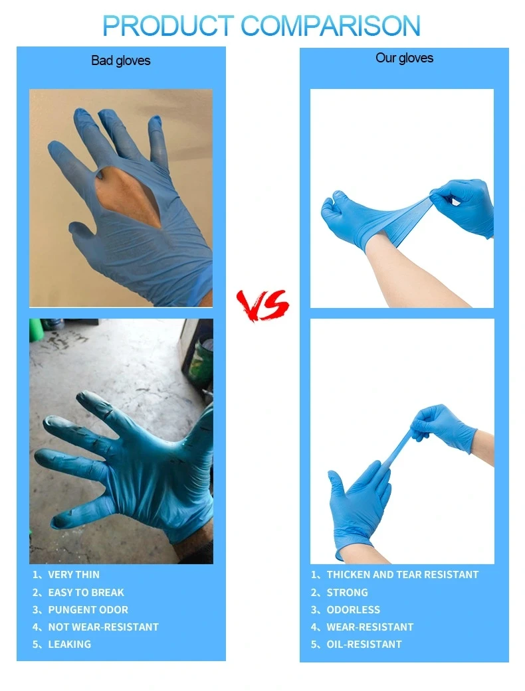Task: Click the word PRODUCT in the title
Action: click(167, 26)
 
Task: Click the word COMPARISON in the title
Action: click(331, 26)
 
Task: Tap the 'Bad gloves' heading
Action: click(120, 61)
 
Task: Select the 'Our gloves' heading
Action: click(404, 58)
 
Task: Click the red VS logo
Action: click(262, 305)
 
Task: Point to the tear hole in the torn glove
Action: click(128, 194)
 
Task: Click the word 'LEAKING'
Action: click(69, 645)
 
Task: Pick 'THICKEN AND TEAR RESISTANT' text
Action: click(402, 575)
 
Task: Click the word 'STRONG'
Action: click(347, 592)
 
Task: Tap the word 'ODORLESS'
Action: click(353, 610)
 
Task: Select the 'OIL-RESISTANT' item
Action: click(364, 645)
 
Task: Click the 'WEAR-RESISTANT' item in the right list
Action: click(369, 627)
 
